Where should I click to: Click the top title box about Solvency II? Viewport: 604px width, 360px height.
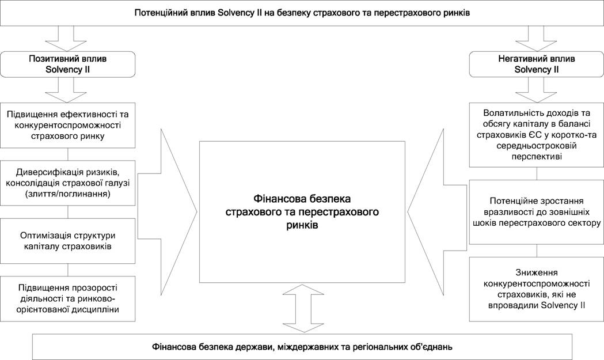coord(302,13)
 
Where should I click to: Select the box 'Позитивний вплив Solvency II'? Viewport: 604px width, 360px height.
coord(68,65)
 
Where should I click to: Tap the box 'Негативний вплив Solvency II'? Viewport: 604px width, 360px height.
coord(537,65)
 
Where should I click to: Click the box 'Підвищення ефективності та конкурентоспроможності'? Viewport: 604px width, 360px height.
coord(68,125)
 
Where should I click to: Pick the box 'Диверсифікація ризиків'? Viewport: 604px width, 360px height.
coord(68,183)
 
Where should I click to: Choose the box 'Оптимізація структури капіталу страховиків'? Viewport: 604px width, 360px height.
coord(68,241)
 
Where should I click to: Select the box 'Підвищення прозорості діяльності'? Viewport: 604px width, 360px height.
coord(68,299)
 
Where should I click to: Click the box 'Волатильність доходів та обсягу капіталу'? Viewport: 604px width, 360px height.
coord(537,135)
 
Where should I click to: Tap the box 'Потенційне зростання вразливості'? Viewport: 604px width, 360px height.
coord(537,212)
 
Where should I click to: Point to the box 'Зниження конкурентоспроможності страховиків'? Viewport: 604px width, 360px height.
coord(537,289)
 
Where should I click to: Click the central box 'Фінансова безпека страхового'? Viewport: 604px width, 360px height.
coord(302,212)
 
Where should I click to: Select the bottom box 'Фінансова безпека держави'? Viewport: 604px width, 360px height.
coord(302,347)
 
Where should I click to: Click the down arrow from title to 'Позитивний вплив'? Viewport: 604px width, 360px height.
coord(66,39)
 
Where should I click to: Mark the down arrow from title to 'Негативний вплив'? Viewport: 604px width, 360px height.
coord(536,39)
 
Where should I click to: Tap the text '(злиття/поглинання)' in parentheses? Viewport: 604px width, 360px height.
coord(68,194)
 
